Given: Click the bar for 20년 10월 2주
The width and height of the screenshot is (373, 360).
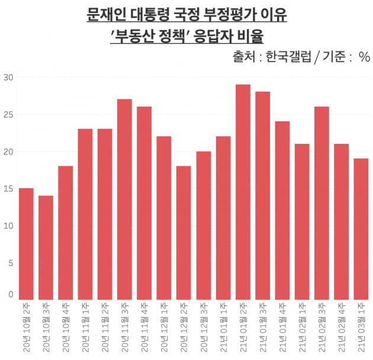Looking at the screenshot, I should (x=26, y=243).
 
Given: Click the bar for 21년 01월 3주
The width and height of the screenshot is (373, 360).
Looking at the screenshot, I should (x=262, y=195).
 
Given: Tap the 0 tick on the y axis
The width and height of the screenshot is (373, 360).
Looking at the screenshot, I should (x=10, y=294).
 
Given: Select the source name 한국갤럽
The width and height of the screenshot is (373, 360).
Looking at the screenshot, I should (x=286, y=57).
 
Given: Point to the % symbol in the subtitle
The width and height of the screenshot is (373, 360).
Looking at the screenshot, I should (x=364, y=57).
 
